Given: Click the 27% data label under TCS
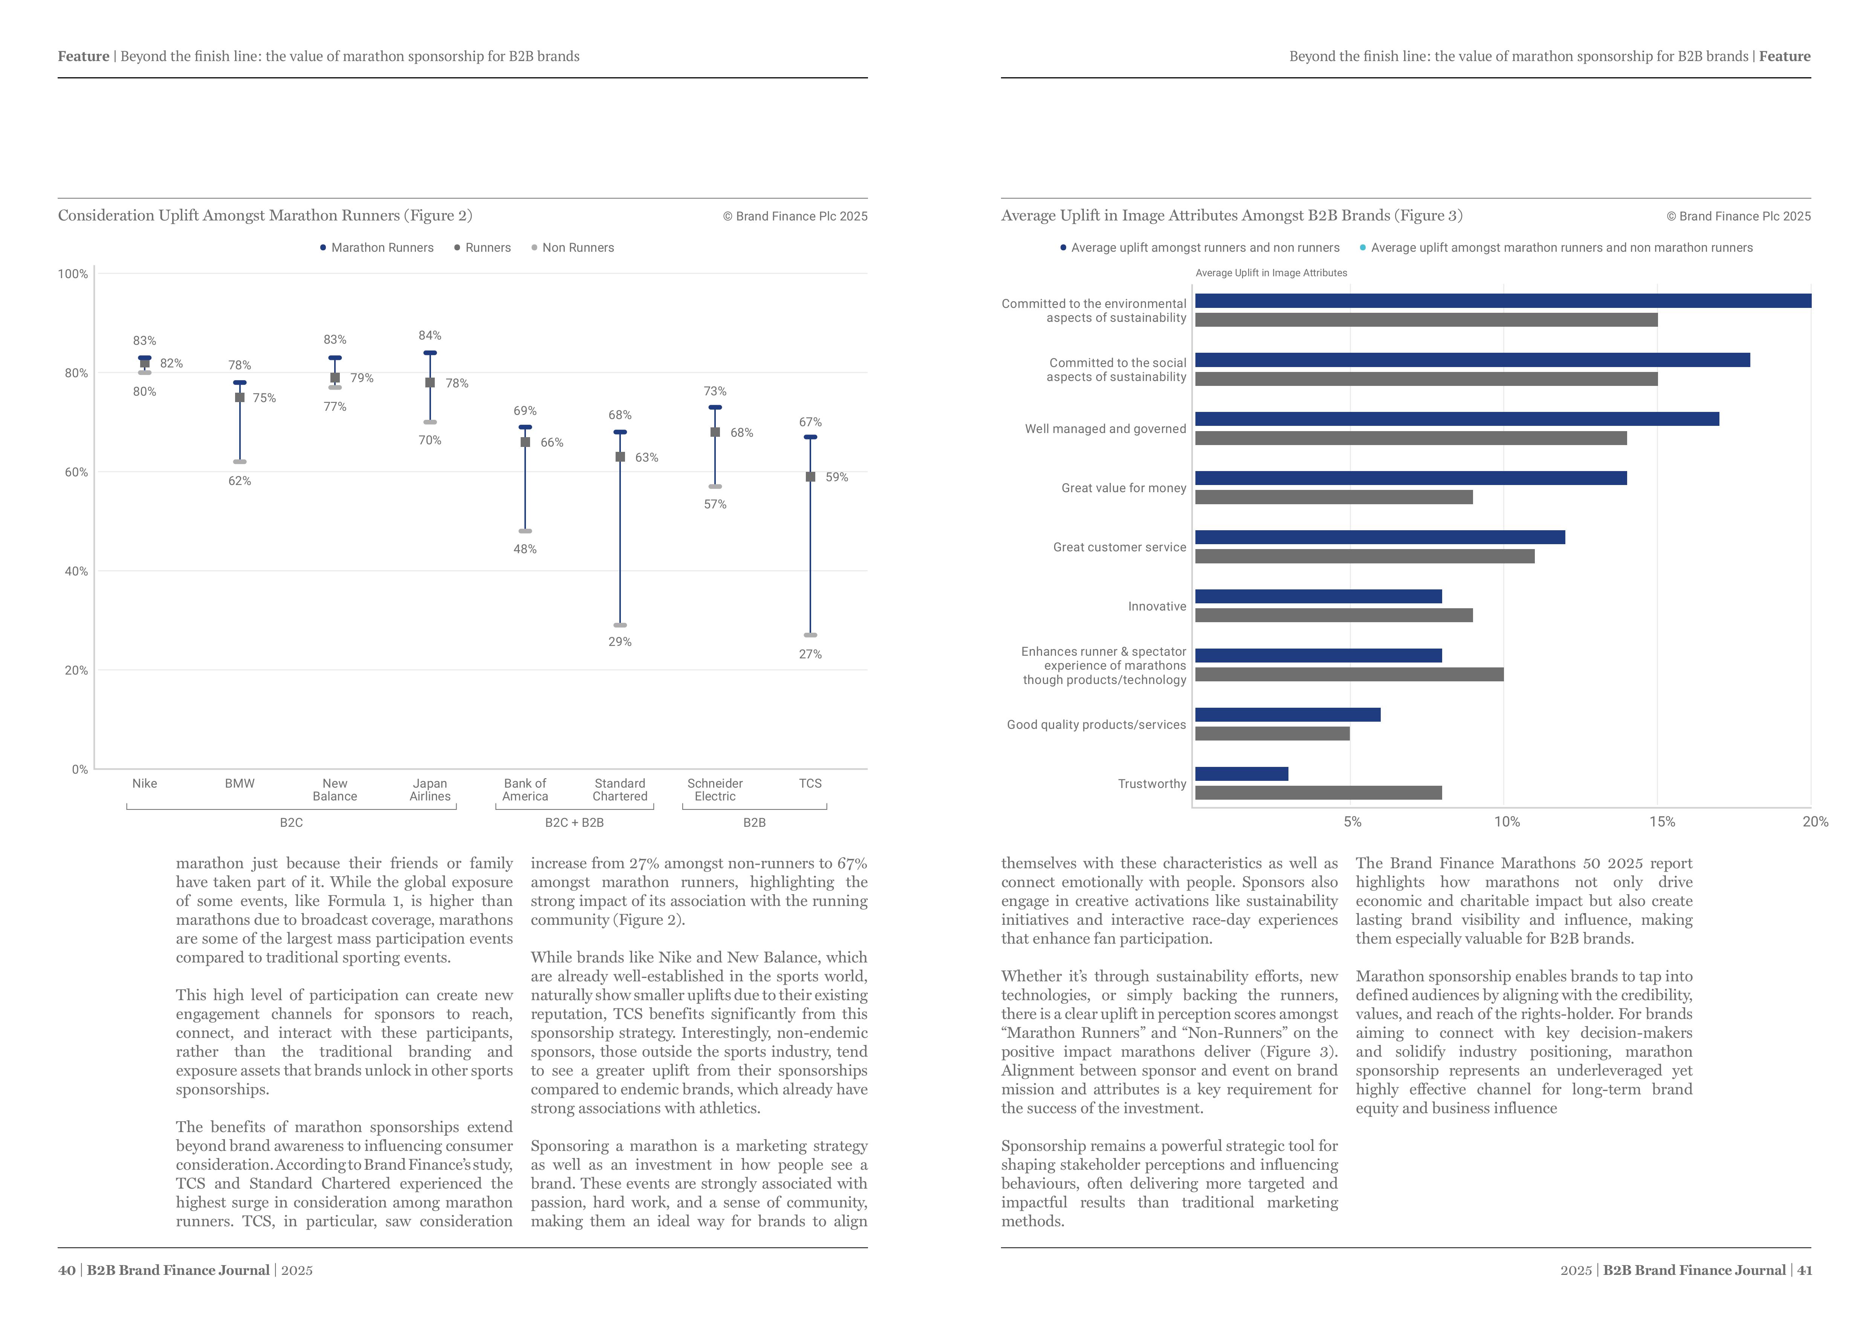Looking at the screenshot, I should point(810,655).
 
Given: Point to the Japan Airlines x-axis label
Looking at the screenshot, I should point(430,790).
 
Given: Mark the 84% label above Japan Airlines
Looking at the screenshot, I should point(430,335).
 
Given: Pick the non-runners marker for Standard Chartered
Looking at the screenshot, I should point(620,625).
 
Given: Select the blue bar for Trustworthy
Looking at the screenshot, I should point(1241,774).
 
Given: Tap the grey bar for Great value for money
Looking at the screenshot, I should point(1333,497).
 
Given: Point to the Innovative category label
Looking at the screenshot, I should point(1157,606).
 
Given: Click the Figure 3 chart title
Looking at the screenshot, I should point(1231,216).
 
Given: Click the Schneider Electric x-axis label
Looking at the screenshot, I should point(715,790).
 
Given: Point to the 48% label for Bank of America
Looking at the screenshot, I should point(525,549).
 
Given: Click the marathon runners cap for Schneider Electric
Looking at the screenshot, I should point(715,407).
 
